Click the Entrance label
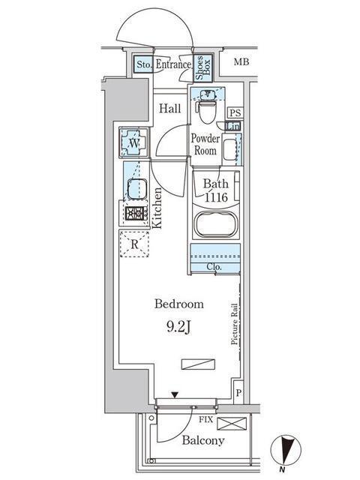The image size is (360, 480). point(173,66)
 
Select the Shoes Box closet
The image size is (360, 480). point(202,67)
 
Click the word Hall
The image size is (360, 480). point(169,109)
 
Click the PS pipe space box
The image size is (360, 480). point(235,112)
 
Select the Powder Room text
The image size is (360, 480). point(204,144)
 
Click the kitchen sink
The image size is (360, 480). point(136,188)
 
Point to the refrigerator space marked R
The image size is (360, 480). point(134,244)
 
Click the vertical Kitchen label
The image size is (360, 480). point(158,208)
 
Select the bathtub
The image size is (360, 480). point(214,225)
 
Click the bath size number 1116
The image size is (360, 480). point(216,196)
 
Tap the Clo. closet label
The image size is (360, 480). point(214,265)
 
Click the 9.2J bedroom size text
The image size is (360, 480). point(179,326)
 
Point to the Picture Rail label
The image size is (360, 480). point(235,322)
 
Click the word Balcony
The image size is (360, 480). point(202,440)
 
